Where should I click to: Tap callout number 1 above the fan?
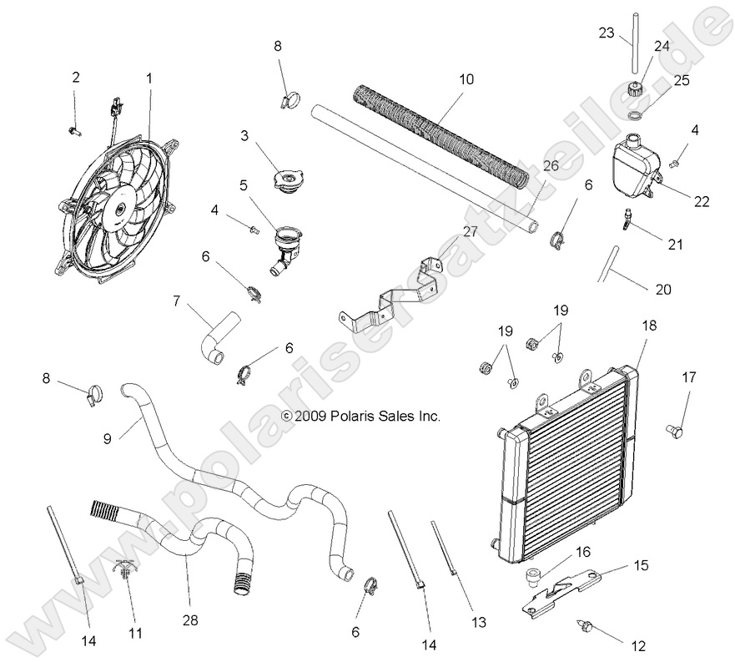[x=149, y=78]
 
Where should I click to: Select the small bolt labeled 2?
[x=73, y=129]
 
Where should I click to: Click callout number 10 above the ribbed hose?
[x=466, y=80]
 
